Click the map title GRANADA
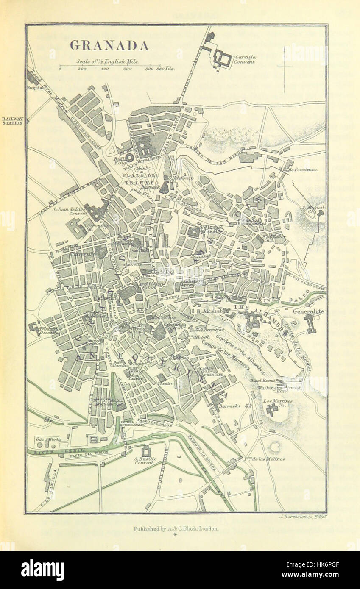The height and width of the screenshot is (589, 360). point(109,46)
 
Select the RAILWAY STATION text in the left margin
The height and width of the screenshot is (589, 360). point(12,121)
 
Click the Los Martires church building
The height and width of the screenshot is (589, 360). point(271,409)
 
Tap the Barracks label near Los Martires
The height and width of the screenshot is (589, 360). point(229,406)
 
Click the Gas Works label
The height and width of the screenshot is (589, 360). point(48,439)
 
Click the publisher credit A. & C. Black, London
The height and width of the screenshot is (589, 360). point(176,528)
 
